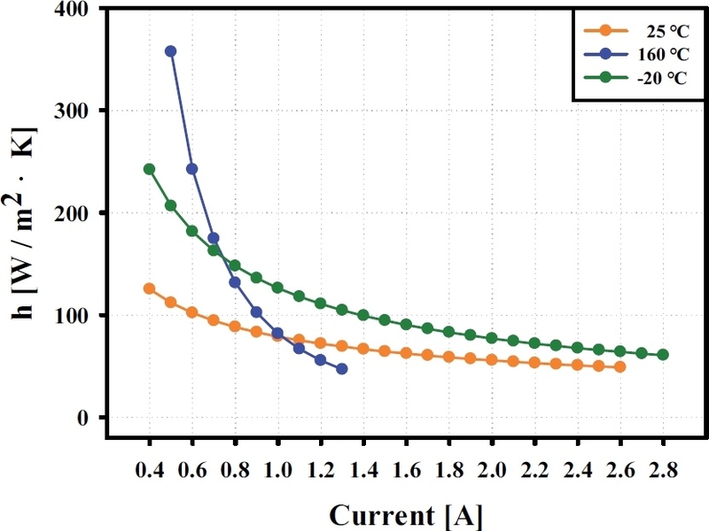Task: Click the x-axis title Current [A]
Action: pyautogui.click(x=407, y=514)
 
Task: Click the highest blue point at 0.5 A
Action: pyautogui.click(x=171, y=51)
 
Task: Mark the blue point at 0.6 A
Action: pyautogui.click(x=192, y=168)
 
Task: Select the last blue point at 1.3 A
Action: pyautogui.click(x=342, y=368)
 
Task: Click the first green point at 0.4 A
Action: pyautogui.click(x=150, y=169)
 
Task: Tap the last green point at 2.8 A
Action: pyautogui.click(x=663, y=355)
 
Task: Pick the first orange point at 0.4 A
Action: pyautogui.click(x=150, y=289)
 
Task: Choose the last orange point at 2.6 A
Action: pyautogui.click(x=620, y=366)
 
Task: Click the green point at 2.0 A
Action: pyautogui.click(x=492, y=338)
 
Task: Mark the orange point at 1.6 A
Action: pyautogui.click(x=406, y=353)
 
